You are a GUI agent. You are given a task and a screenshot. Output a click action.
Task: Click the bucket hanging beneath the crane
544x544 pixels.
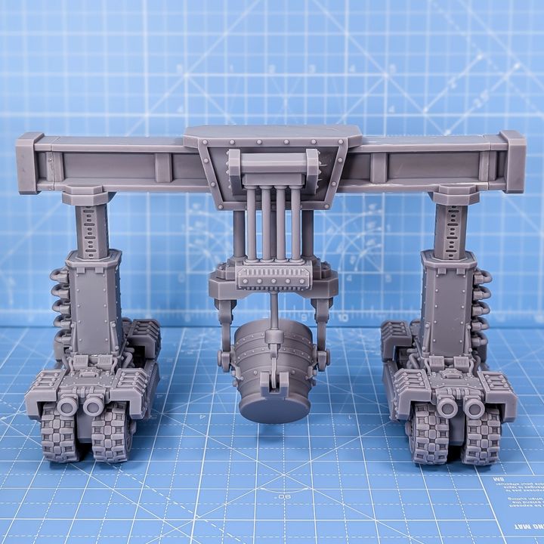tap(274, 374)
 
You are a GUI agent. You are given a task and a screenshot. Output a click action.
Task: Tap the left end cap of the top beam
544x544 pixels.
tap(29, 162)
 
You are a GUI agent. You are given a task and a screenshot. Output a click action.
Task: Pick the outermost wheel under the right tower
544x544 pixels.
tap(483, 436)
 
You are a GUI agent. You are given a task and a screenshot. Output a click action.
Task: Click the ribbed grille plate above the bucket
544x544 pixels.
tap(274, 277)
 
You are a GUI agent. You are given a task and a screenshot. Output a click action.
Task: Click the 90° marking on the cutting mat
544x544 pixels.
tap(284, 497)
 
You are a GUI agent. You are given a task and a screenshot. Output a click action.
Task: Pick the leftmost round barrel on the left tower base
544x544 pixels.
tap(67, 406)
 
